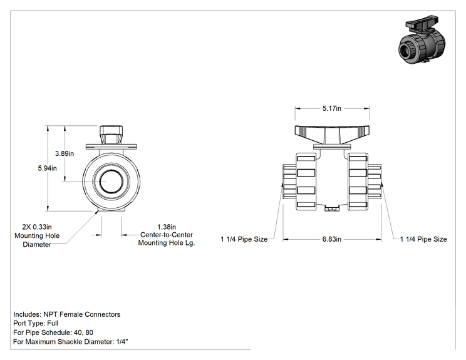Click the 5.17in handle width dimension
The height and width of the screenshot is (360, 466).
pyautogui.click(x=332, y=108)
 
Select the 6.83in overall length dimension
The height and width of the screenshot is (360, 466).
pyautogui.click(x=332, y=239)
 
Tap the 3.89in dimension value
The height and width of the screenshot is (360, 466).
pyautogui.click(x=65, y=153)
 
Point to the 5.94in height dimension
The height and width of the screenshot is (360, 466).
pyautogui.click(x=47, y=168)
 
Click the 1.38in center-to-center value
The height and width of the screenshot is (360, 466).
pyautogui.click(x=167, y=227)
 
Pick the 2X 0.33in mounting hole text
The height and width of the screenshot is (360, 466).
pyautogui.click(x=37, y=227)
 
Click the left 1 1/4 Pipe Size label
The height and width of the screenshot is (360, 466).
pyautogui.click(x=244, y=239)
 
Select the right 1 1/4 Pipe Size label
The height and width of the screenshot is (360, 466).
pyautogui.click(x=423, y=239)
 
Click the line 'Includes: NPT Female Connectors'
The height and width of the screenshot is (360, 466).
pyautogui.click(x=67, y=314)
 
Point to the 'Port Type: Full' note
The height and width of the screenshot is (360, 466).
pyautogui.click(x=36, y=323)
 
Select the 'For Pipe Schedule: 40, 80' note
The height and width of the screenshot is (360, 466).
pyautogui.click(x=53, y=332)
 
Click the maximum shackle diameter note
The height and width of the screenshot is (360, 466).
pyautogui.click(x=70, y=342)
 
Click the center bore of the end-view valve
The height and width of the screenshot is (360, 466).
pyautogui.click(x=111, y=182)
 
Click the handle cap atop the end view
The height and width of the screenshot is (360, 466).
pyautogui.click(x=111, y=135)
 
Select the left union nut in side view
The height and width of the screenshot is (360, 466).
pyautogui.click(x=306, y=182)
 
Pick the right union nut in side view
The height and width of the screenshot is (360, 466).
pyautogui.click(x=358, y=182)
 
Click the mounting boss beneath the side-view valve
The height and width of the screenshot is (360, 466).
pyautogui.click(x=332, y=208)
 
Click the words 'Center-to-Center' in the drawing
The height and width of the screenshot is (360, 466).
pyautogui.click(x=167, y=235)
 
